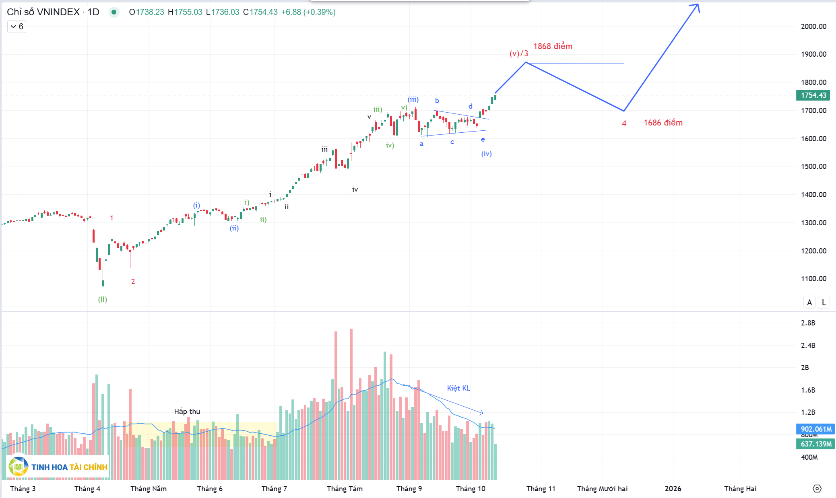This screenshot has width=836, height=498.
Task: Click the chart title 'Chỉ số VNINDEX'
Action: pyautogui.click(x=43, y=12)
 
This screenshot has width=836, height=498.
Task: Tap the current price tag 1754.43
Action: pyautogui.click(x=813, y=95)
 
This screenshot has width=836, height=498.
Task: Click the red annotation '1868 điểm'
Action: pyautogui.click(x=553, y=46)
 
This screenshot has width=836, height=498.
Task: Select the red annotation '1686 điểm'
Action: pyautogui.click(x=663, y=123)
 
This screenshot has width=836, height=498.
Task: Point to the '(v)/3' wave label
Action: pyautogui.click(x=518, y=54)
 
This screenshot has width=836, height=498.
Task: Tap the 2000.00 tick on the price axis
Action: pyautogui.click(x=813, y=27)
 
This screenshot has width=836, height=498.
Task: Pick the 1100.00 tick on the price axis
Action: pyautogui.click(x=813, y=278)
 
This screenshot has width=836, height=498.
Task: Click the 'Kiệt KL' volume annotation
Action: pyautogui.click(x=458, y=388)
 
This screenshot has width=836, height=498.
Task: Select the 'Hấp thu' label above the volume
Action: pyautogui.click(x=187, y=412)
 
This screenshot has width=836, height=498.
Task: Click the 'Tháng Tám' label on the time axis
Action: pyautogui.click(x=345, y=489)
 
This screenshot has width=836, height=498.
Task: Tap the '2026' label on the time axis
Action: pyautogui.click(x=673, y=489)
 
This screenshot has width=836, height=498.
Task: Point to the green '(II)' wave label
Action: pyautogui.click(x=103, y=299)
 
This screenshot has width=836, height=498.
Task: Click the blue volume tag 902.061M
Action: pyautogui.click(x=815, y=429)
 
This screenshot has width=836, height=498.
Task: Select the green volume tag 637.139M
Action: pyautogui.click(x=815, y=444)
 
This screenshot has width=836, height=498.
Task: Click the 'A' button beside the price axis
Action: pyautogui.click(x=809, y=303)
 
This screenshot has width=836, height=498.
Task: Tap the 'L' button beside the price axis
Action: pyautogui.click(x=824, y=303)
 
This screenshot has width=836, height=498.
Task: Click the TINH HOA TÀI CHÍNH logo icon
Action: pyautogui.click(x=18, y=467)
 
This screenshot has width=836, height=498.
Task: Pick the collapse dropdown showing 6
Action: pyautogui.click(x=17, y=27)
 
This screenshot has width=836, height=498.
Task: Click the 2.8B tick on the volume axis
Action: pyautogui.click(x=808, y=323)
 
